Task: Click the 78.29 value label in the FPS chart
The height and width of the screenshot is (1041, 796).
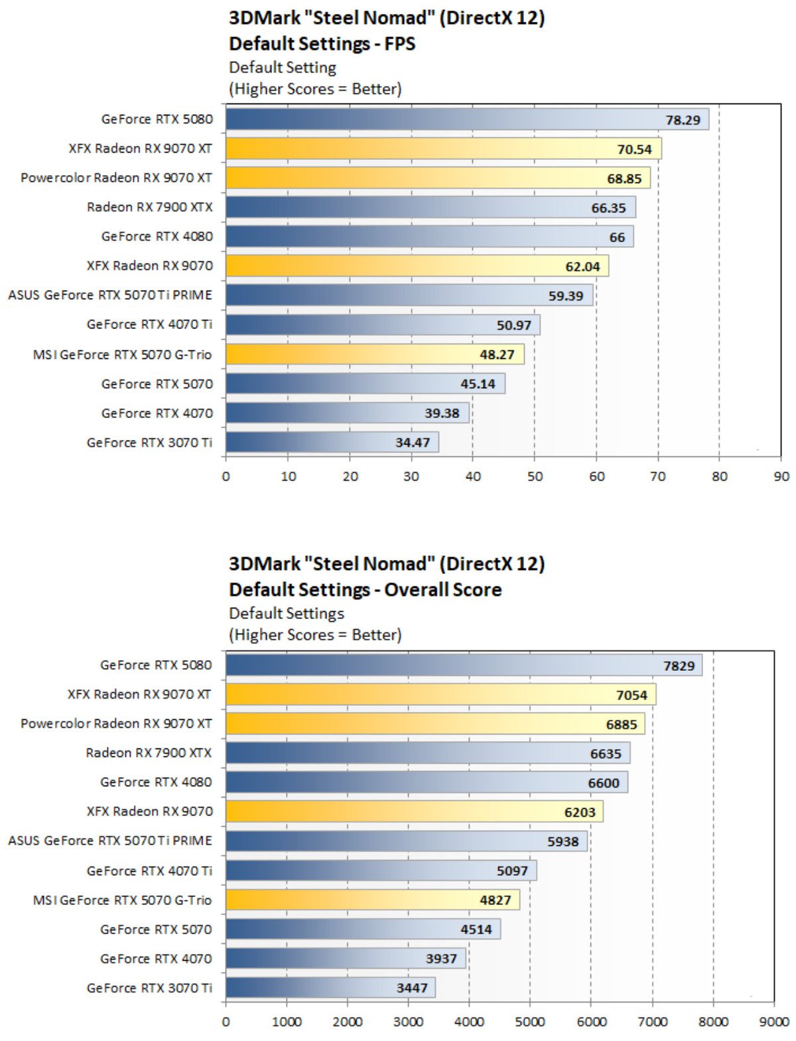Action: [683, 120]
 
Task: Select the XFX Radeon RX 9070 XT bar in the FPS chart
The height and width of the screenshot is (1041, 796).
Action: [443, 149]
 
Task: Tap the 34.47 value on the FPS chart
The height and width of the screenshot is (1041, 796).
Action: [413, 443]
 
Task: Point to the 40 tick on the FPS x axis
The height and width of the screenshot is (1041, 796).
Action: [473, 476]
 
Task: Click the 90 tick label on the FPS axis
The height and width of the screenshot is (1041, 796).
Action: [781, 476]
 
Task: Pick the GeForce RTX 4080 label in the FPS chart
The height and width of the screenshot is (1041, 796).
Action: [157, 237]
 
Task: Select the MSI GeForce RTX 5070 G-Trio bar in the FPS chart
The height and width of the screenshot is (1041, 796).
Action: [375, 354]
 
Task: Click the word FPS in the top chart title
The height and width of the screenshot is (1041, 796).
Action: [399, 44]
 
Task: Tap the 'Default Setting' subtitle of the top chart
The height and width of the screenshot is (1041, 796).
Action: [283, 68]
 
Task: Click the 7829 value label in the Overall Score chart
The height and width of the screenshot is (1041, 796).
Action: [679, 666]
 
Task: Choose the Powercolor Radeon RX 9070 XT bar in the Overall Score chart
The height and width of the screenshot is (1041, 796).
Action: [434, 724]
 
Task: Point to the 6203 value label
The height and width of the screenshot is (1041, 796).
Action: [580, 812]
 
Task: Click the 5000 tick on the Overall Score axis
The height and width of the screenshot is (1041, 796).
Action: [530, 1022]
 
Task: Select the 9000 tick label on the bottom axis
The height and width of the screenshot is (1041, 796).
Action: [773, 1022]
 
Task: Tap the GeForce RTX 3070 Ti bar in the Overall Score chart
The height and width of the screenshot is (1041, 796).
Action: [330, 988]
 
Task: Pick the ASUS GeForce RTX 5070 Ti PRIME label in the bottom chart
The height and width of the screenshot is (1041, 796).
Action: [110, 841]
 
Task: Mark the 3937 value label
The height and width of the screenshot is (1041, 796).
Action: [441, 959]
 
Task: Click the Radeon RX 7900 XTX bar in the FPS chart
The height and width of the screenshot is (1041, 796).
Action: [430, 208]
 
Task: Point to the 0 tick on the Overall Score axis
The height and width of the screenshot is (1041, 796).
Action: [226, 1022]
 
